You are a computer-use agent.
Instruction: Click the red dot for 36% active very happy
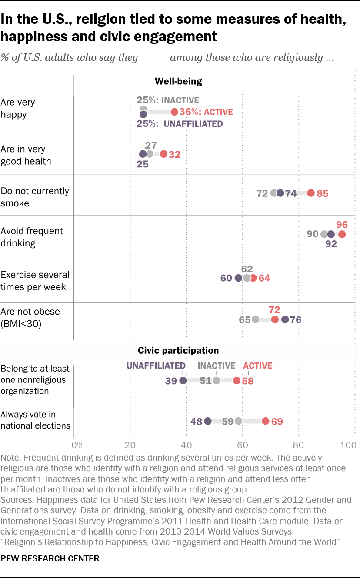pyautogui.click(x=174, y=112)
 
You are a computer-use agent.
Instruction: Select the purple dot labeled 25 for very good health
pyautogui.click(x=143, y=154)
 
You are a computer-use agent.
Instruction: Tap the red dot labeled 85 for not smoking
pyautogui.click(x=311, y=193)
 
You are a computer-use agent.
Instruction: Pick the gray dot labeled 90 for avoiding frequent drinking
pyautogui.click(x=324, y=234)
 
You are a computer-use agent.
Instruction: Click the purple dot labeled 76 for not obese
pyautogui.click(x=285, y=319)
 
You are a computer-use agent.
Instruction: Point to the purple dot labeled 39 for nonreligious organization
pyautogui.click(x=183, y=381)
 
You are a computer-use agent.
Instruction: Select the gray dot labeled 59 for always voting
pyautogui.click(x=238, y=421)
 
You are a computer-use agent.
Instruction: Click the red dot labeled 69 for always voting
pyautogui.click(x=265, y=421)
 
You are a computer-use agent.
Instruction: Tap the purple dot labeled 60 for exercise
pyautogui.click(x=238, y=278)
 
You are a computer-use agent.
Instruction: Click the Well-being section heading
pyautogui.click(x=178, y=81)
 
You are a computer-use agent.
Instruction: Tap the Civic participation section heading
pyautogui.click(x=178, y=350)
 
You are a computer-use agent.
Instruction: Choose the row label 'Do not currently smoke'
pyautogui.click(x=35, y=197)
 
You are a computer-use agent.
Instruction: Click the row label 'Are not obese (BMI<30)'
pyautogui.click(x=30, y=318)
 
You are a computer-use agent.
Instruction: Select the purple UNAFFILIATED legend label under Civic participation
pyautogui.click(x=156, y=366)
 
